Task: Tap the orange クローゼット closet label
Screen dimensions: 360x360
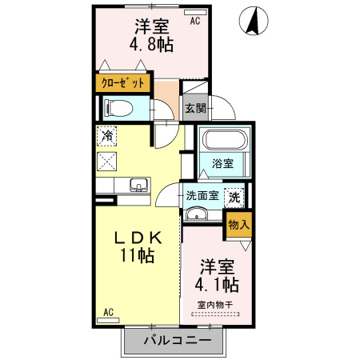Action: coord(122,82)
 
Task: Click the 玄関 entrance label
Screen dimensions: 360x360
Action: coord(195,108)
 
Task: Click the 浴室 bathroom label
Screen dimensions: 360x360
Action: coord(222,164)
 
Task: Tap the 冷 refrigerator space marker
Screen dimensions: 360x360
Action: coord(106,136)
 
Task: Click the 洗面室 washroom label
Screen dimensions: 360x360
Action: coord(202,195)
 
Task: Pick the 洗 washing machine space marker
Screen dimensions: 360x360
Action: coord(235,195)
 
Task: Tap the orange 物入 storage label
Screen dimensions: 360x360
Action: coord(239,224)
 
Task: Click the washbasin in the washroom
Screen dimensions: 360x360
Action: coord(196,214)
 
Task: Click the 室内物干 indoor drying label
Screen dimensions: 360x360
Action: coord(214,305)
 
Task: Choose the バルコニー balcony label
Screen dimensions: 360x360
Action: coord(178,341)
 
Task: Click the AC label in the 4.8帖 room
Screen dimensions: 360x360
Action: coord(194,22)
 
